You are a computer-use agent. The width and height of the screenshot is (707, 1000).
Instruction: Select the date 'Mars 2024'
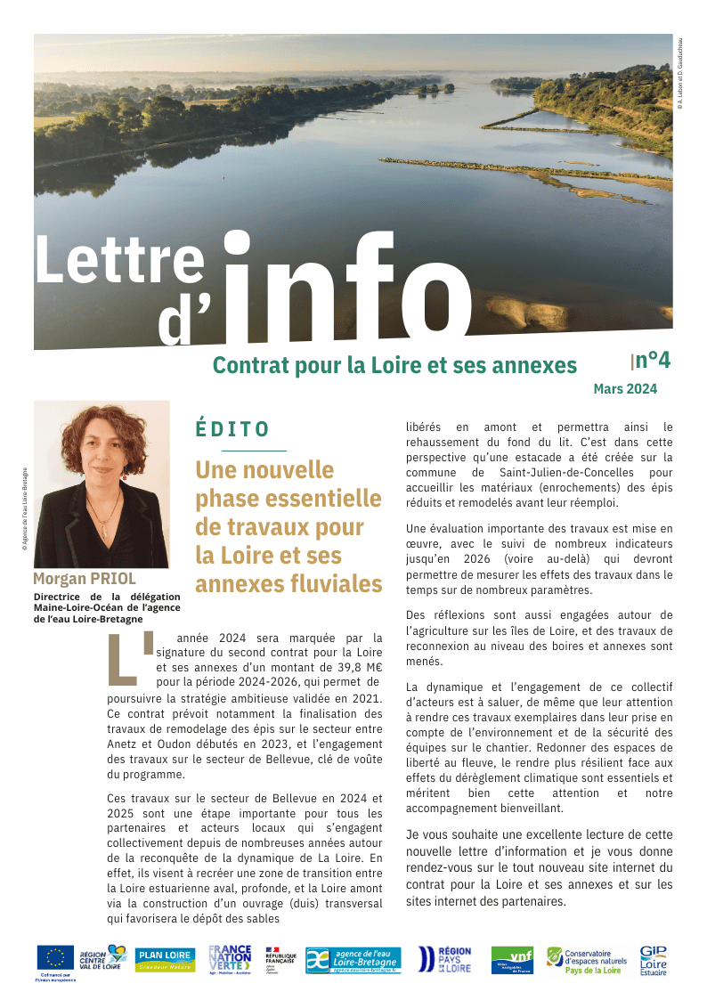[625, 388]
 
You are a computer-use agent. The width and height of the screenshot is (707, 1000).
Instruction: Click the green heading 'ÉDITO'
[232, 429]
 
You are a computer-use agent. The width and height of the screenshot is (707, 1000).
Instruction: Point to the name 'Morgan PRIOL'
[85, 579]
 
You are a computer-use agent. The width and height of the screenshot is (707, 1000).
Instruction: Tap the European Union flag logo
[55, 957]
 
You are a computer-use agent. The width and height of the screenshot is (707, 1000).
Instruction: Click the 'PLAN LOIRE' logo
[166, 960]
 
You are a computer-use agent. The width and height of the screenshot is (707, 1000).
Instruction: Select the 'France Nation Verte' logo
[230, 960]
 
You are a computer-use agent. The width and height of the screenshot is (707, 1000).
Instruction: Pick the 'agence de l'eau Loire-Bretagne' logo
[353, 960]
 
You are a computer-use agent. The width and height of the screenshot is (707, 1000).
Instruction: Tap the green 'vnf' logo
[512, 960]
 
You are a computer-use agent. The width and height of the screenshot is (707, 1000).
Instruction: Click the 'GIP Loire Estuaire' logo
[653, 961]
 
